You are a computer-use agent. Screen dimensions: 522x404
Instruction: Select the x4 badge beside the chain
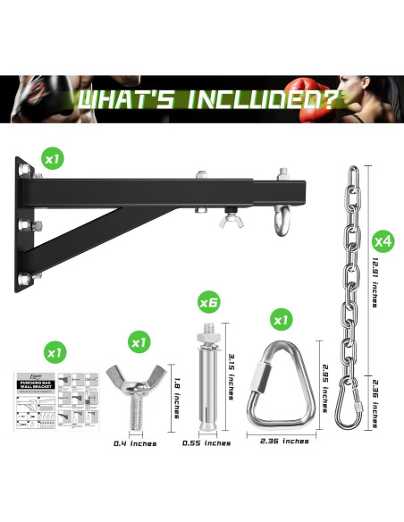[x=383, y=240]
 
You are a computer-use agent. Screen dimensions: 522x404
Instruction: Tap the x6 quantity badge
[x=208, y=302]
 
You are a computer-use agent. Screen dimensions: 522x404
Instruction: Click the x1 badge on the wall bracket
[x=51, y=159]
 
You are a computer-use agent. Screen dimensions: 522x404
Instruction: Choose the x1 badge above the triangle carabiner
[x=282, y=319]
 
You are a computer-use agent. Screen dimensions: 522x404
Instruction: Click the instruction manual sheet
[x=55, y=400]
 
